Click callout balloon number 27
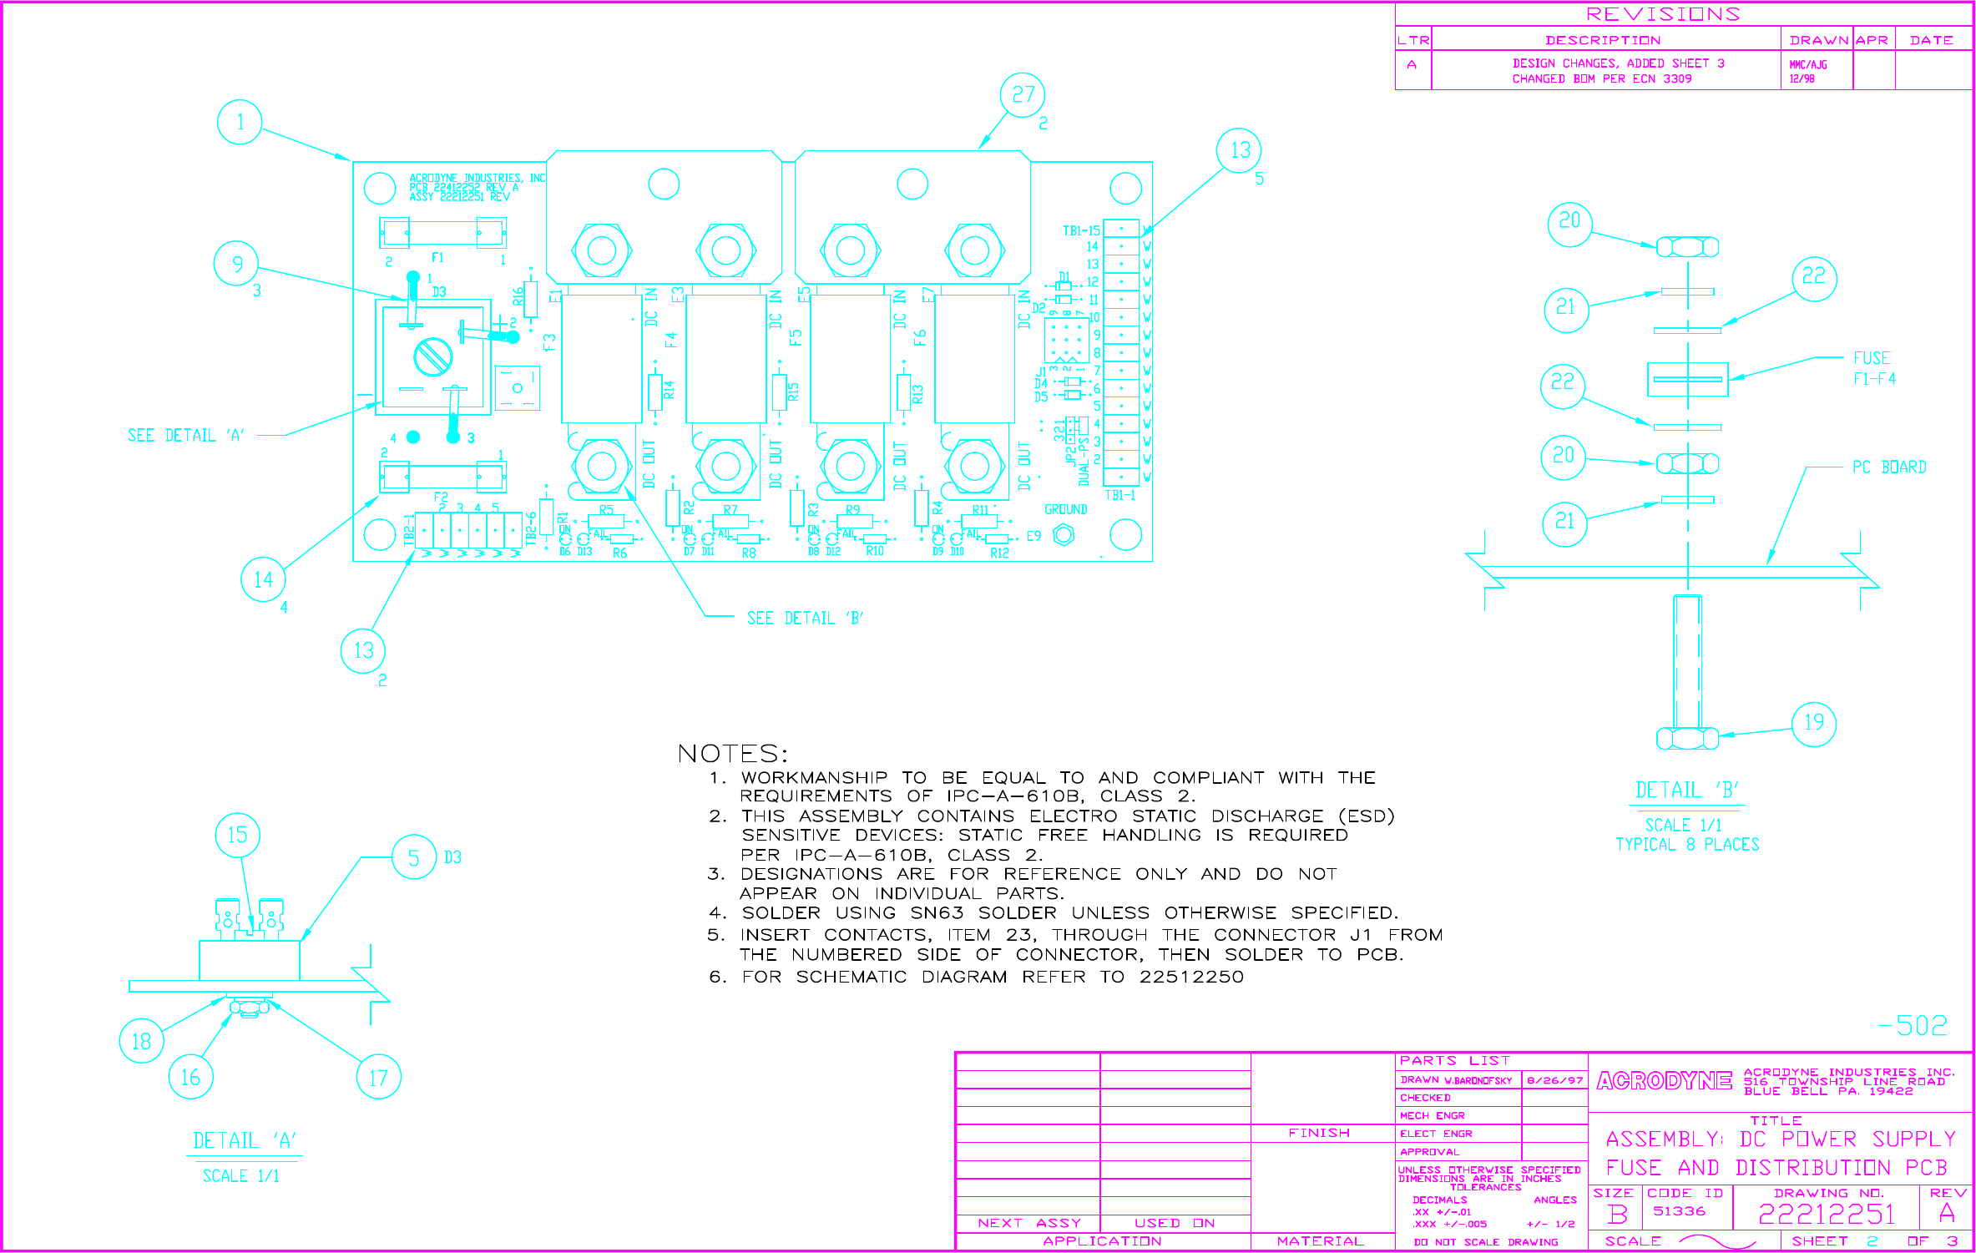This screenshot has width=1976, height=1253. coord(1023,95)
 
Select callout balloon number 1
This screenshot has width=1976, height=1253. coord(240,122)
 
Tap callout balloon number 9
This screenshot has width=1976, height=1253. coord(237,264)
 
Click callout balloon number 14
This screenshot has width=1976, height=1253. coord(263,579)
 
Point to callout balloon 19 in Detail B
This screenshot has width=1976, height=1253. coord(1814,723)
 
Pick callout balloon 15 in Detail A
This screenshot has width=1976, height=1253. coord(237,835)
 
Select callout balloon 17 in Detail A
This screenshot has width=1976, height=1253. coord(378,1078)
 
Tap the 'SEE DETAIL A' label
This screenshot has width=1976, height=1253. coord(185,436)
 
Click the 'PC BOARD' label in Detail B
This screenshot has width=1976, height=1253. coord(1889,467)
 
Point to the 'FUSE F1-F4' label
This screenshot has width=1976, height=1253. coord(1873,368)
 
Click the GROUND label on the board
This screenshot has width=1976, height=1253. coord(1065,509)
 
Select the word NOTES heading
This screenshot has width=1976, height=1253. coord(732,754)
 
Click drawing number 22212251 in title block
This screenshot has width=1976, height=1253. coord(1827,1214)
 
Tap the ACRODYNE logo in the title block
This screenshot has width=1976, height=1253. coord(1664,1081)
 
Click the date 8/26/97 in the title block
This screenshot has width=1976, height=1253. coord(1554,1080)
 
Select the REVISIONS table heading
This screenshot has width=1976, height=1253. coord(1663,14)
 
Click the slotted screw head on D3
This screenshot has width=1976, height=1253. coord(433,357)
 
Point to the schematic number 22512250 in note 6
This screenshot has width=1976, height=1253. coord(1191,977)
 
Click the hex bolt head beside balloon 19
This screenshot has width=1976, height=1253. coord(1687,739)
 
